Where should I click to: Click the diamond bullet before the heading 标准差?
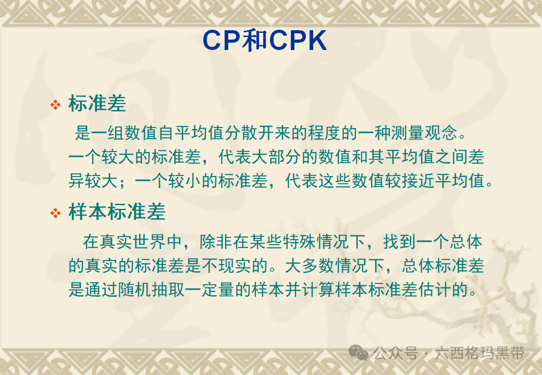(55, 105)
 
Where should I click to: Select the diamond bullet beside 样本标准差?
(55, 213)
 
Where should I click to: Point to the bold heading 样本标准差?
(117, 212)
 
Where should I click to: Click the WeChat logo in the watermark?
(359, 354)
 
